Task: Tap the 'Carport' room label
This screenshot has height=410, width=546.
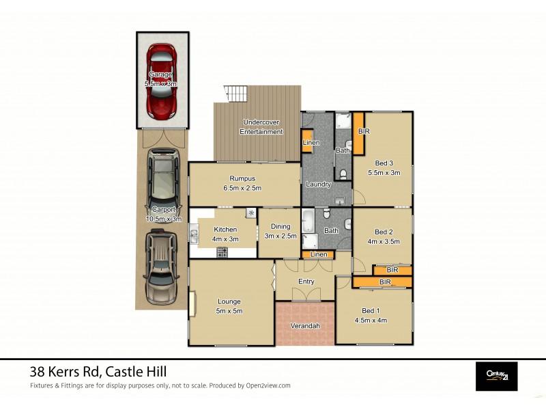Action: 163,210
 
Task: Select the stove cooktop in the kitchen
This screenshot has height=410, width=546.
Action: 222,252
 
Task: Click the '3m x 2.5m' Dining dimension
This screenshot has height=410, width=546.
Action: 280,236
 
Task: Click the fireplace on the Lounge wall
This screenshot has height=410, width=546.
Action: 193,302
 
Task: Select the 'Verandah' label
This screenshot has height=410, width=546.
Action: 305,325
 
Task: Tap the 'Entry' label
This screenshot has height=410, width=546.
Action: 306,282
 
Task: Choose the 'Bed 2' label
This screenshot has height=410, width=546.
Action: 384,232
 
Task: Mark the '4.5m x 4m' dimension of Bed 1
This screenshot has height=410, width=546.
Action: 371,320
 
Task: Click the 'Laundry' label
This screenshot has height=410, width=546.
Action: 318,184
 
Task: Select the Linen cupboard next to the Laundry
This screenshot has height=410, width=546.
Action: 308,141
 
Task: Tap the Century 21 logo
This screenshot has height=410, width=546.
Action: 496,375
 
